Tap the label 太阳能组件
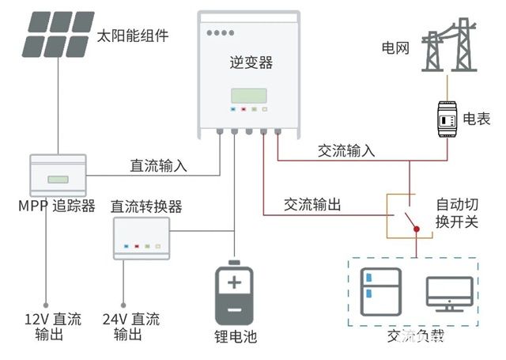tap(132, 36)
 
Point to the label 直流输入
tap(158, 166)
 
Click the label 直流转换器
tap(146, 207)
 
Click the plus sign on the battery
tap(234, 282)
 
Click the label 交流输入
tap(346, 150)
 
